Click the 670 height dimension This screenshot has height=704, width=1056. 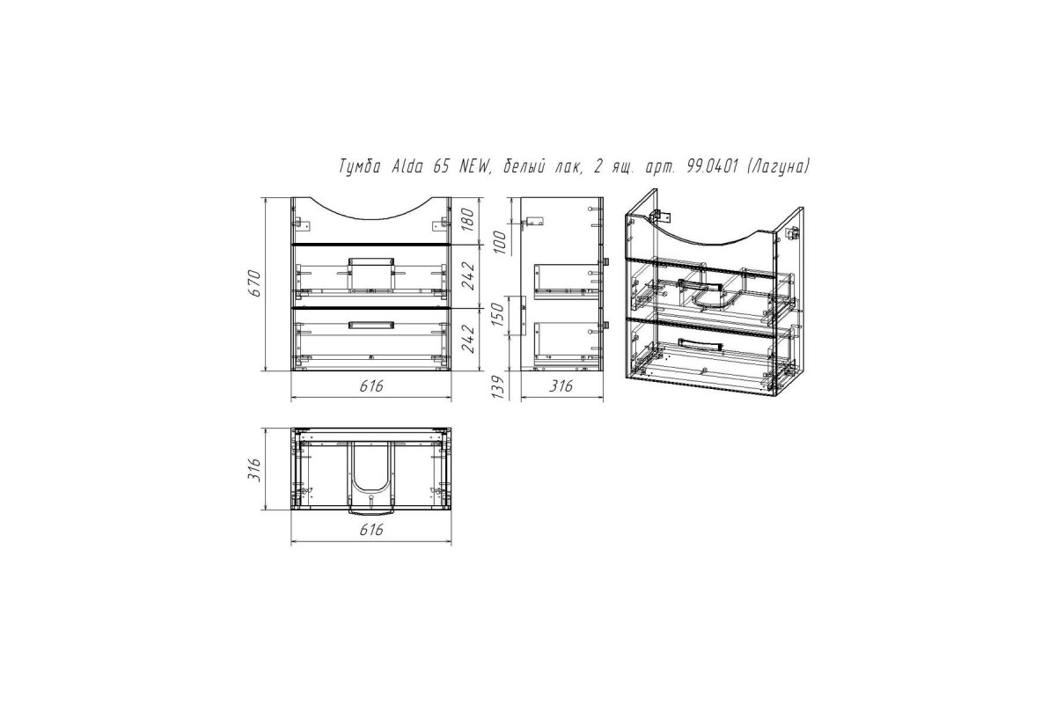tap(254, 283)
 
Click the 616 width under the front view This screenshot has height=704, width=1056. tap(371, 386)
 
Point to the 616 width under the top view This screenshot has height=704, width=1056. tap(371, 530)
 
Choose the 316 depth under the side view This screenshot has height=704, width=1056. tap(561, 386)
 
